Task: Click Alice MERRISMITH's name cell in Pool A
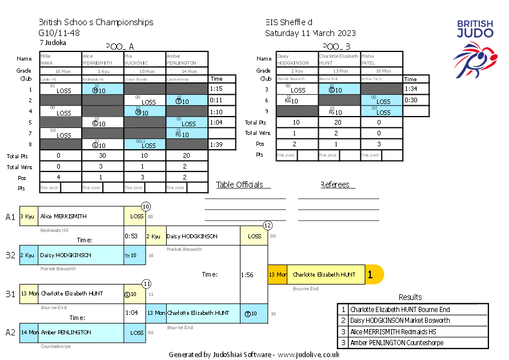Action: pyautogui.click(x=103, y=59)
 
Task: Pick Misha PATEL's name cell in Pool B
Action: pyautogui.click(x=382, y=59)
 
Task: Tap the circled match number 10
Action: pyautogui.click(x=146, y=206)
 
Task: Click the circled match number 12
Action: pyautogui.click(x=267, y=226)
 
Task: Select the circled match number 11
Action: pyautogui.click(x=146, y=283)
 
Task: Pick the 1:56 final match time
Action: pyautogui.click(x=247, y=274)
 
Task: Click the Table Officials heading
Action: pyautogui.click(x=240, y=185)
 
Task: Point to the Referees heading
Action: pyautogui.click(x=336, y=185)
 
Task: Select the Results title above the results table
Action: pyautogui.click(x=410, y=297)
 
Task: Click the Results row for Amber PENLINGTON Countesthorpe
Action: pyautogui.click(x=412, y=343)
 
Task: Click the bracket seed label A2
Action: pyautogui.click(x=11, y=332)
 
